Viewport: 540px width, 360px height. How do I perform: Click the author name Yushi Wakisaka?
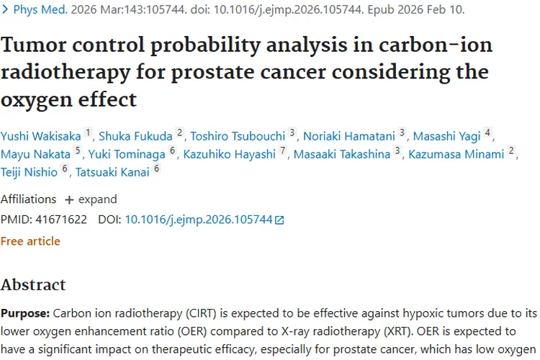(x=40, y=136)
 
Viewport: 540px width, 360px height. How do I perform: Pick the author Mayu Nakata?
(x=35, y=154)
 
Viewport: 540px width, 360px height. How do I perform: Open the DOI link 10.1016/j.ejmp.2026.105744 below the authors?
(x=199, y=220)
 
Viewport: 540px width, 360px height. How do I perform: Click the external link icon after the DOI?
(x=280, y=220)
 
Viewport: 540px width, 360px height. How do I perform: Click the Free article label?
(x=30, y=241)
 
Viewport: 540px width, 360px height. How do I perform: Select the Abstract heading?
(x=33, y=285)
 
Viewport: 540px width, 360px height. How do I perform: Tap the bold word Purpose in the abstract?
(x=24, y=315)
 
